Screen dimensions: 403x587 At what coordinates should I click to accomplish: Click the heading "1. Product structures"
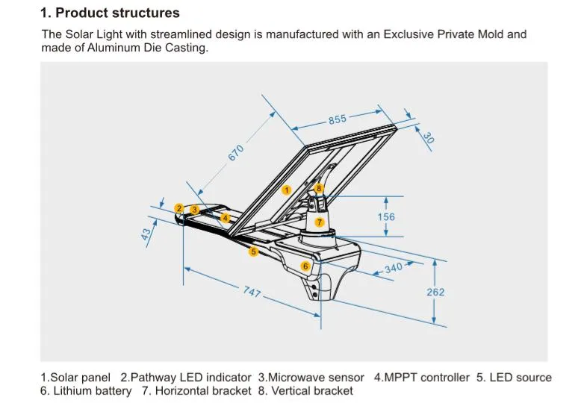(x=110, y=13)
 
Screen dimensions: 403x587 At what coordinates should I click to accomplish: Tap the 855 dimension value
(x=338, y=120)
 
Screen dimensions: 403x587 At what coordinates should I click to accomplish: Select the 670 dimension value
(x=236, y=152)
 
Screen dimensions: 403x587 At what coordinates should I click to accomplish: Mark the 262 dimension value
(x=435, y=292)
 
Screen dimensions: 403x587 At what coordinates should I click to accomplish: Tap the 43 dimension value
(x=147, y=234)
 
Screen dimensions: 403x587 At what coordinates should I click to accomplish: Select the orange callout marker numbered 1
(x=286, y=190)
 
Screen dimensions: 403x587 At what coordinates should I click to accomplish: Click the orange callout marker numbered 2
(x=178, y=208)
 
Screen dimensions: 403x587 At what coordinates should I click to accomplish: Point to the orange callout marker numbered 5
(x=253, y=252)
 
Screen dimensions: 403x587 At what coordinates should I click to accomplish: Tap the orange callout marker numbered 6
(x=305, y=266)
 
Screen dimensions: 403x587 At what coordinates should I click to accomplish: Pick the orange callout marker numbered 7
(x=319, y=222)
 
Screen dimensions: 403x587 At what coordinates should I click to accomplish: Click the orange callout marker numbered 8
(x=319, y=189)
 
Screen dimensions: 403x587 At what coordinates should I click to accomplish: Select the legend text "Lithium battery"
(x=93, y=390)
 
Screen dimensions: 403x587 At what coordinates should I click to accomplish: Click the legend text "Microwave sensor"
(x=317, y=378)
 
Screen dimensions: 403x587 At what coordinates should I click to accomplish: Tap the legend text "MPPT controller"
(x=428, y=378)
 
